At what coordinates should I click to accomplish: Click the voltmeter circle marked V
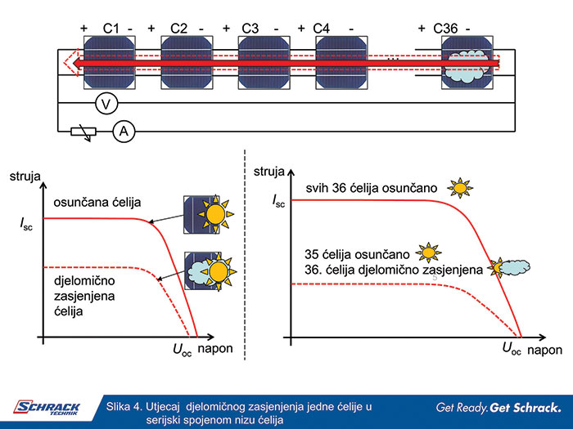tap(104, 102)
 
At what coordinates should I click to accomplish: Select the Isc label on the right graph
tap(278, 201)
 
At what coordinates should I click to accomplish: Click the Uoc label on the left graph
tap(183, 349)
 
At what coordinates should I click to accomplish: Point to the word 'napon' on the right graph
tap(544, 349)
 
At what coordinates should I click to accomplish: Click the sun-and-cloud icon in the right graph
tap(508, 266)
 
